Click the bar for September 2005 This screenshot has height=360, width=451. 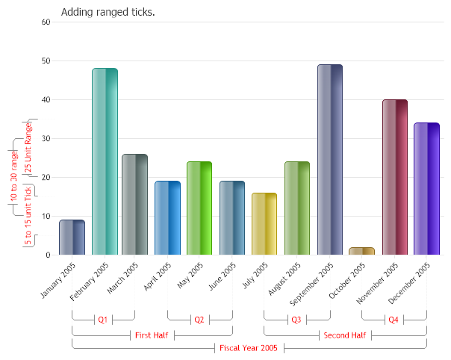coord(329,160)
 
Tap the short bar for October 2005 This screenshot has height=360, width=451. coord(361,251)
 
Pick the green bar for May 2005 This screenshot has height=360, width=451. coord(199,208)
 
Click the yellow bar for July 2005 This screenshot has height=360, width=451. coord(264,224)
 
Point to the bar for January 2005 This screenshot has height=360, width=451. coord(72,238)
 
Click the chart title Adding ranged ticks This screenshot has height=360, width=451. coord(108,12)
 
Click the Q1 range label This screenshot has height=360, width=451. coord(103,320)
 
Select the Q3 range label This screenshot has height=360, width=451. coord(296,320)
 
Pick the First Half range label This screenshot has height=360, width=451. coord(152,335)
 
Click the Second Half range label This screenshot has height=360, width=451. coord(344,335)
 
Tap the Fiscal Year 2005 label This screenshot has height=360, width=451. coord(249,348)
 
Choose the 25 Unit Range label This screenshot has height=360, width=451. coord(28,148)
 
